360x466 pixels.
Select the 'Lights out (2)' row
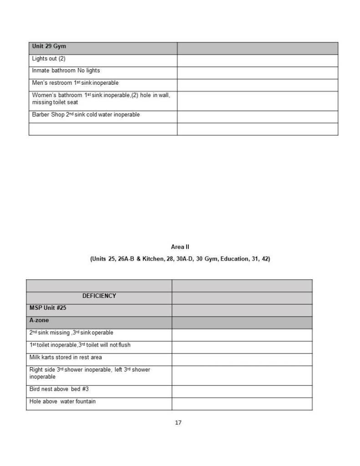pyautogui.click(x=49, y=59)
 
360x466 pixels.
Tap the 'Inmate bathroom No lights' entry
pyautogui.click(x=66, y=71)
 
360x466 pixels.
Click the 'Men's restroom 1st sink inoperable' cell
pyautogui.click(x=75, y=83)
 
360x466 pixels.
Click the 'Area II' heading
pyautogui.click(x=180, y=247)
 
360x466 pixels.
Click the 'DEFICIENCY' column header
pyautogui.click(x=99, y=296)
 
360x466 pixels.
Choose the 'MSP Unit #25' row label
pyautogui.click(x=48, y=308)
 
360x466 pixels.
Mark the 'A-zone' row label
pyautogui.click(x=39, y=320)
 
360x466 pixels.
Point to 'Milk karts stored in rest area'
pyautogui.click(x=66, y=357)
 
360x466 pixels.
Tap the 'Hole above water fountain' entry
pyautogui.click(x=62, y=402)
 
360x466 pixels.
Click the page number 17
pyautogui.click(x=178, y=423)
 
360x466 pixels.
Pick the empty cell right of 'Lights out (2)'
pyautogui.click(x=257, y=59)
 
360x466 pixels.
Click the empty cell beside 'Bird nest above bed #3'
pyautogui.click(x=242, y=391)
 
